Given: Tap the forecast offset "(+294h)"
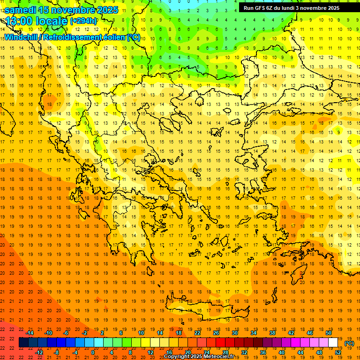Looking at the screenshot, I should pyautogui.click(x=83, y=21).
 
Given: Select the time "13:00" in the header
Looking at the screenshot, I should pyautogui.click(x=18, y=21).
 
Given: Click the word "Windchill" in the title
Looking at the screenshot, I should pyautogui.click(x=21, y=37).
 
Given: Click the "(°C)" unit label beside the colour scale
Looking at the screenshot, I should pyautogui.click(x=349, y=343).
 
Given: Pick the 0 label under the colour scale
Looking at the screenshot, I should pyautogui.click(x=92, y=352).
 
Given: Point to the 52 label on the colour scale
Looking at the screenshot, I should pyautogui.click(x=338, y=352).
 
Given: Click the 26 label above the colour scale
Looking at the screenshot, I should pyautogui.click(x=216, y=333).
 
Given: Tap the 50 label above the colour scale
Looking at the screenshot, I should pyautogui.click(x=329, y=333).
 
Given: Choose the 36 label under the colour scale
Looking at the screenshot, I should pyautogui.click(x=262, y=352).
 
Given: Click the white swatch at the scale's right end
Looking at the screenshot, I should pyautogui.click(x=333, y=343).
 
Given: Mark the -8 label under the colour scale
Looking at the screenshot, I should pyautogui.click(x=56, y=352).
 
